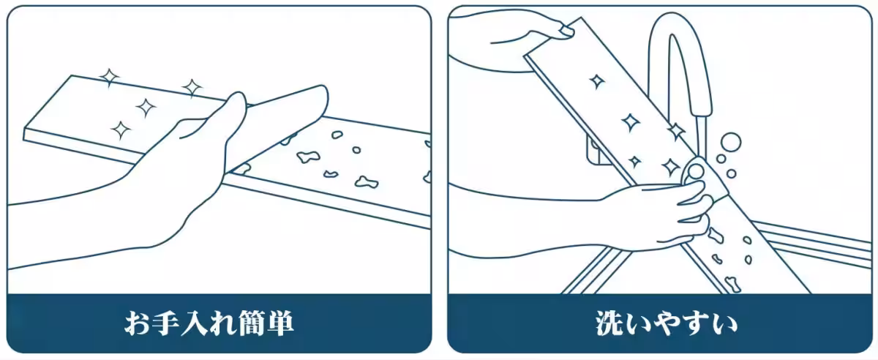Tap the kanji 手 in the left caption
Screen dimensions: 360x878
click(170, 323)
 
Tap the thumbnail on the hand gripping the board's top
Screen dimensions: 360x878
click(566, 31)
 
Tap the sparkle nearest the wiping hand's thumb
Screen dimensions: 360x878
click(192, 88)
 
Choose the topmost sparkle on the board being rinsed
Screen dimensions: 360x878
click(597, 81)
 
